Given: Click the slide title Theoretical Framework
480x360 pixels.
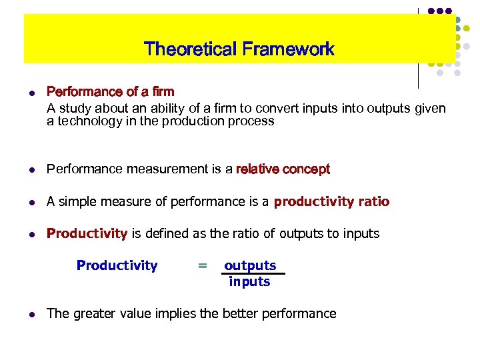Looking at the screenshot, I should (x=239, y=49).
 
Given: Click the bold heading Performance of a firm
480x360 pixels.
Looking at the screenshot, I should (x=110, y=91).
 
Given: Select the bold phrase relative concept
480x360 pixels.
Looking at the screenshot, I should (x=283, y=169).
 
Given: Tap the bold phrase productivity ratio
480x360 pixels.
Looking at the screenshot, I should (x=331, y=201).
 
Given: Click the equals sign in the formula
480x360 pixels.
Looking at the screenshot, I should (x=202, y=266).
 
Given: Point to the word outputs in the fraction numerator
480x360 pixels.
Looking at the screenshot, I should (x=250, y=265).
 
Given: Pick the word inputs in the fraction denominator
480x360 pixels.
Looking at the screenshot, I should (x=249, y=281).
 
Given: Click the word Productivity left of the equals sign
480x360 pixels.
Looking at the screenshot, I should (x=117, y=265).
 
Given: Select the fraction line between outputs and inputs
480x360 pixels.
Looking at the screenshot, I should (x=253, y=274).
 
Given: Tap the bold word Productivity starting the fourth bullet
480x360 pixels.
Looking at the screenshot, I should (x=87, y=233).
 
